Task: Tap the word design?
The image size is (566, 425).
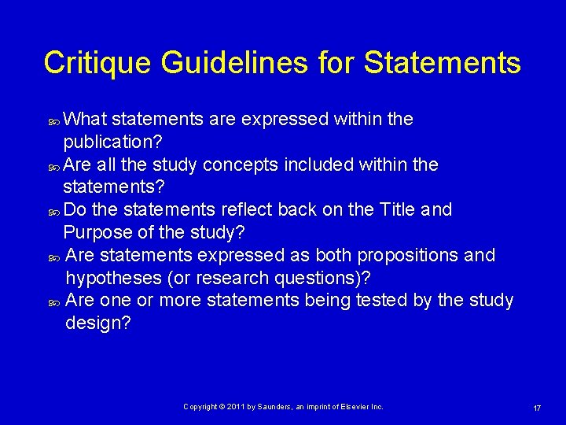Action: coord(98,323)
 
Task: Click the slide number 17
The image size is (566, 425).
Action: coord(537,408)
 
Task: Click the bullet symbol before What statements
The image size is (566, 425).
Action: coord(53,121)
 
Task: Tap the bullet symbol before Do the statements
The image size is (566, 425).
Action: coord(53,212)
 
